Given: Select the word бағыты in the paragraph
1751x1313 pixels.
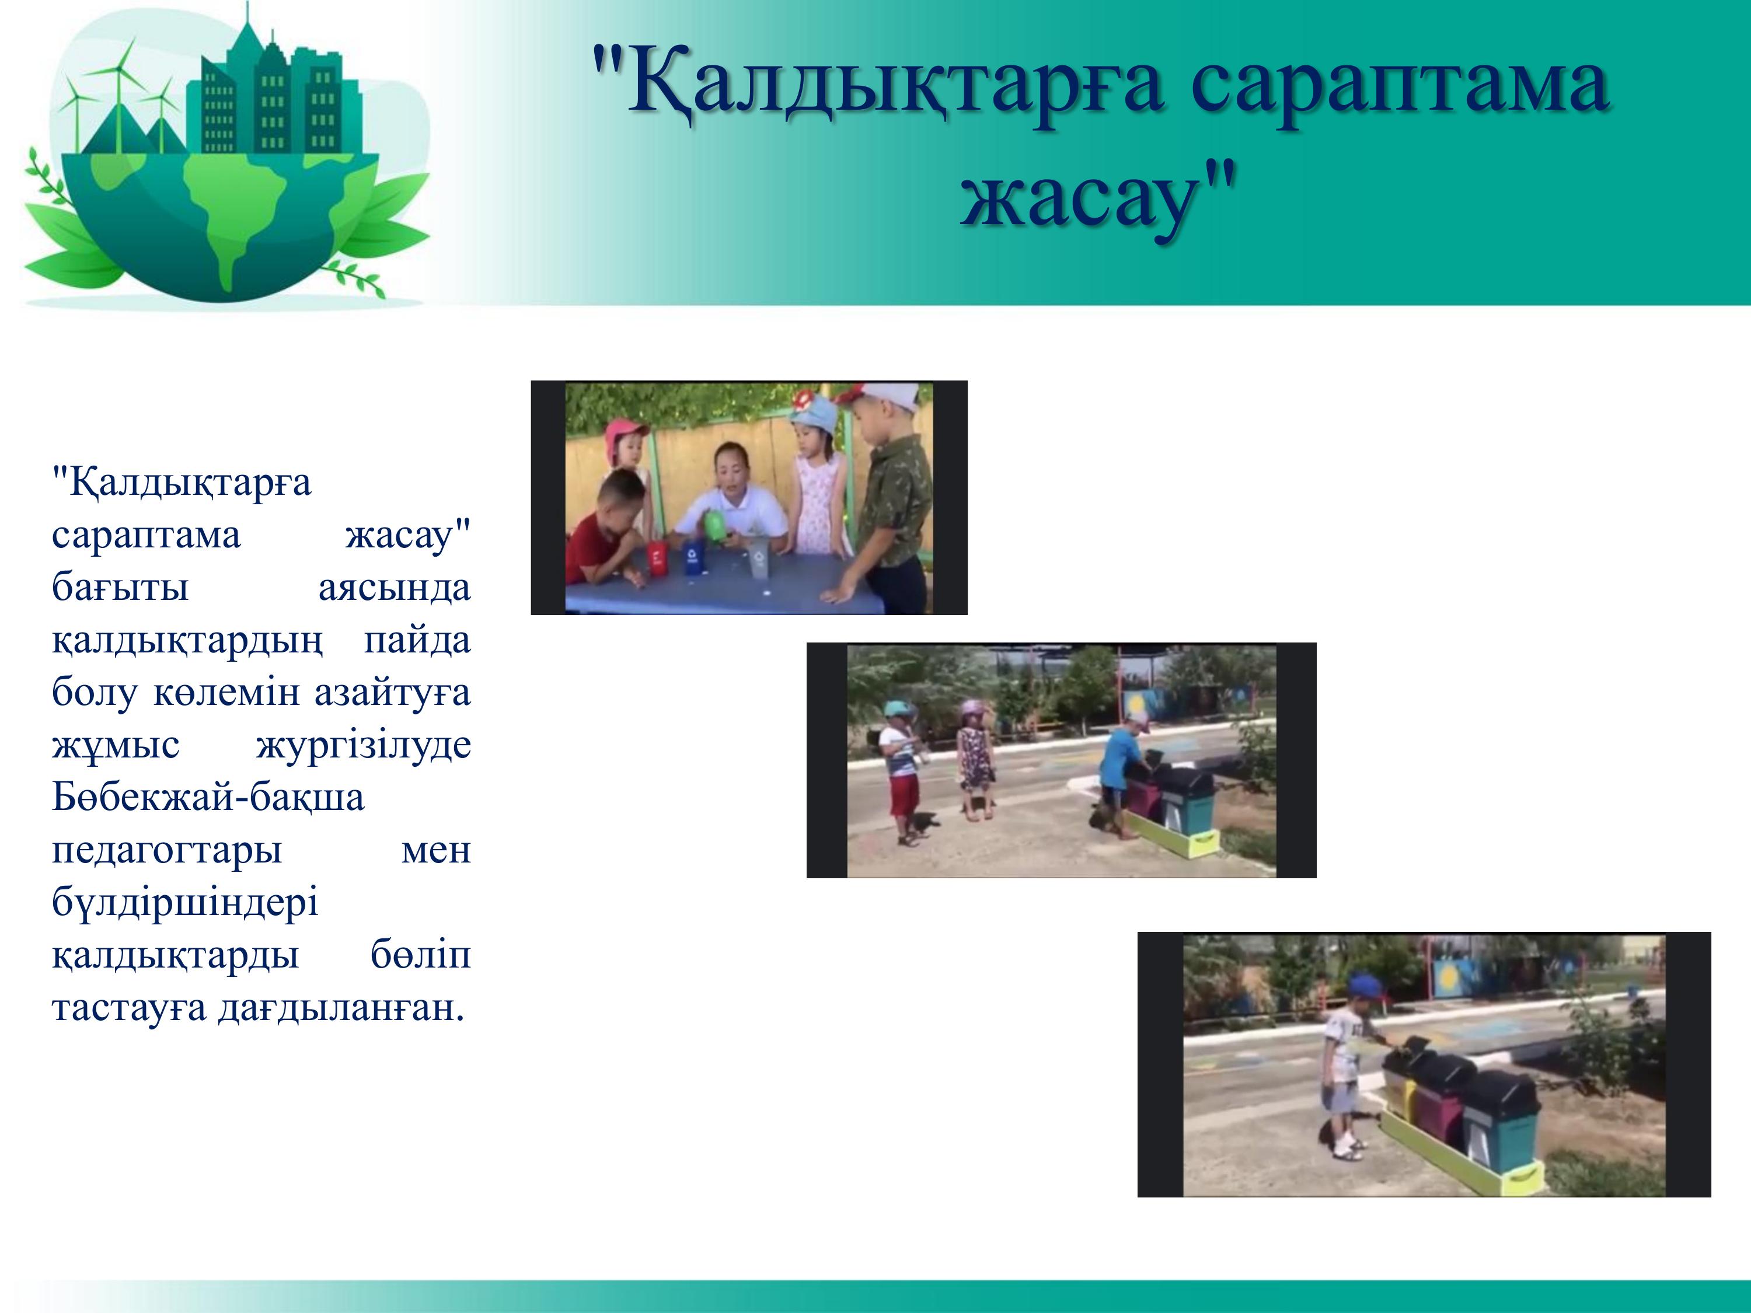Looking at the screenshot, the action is click(x=120, y=587).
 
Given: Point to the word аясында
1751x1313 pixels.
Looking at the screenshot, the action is click(x=394, y=587).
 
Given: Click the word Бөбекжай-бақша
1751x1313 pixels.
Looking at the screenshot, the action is click(x=208, y=797).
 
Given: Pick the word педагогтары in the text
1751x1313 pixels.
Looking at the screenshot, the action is click(x=167, y=851).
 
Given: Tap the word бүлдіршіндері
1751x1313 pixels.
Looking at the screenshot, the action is click(x=185, y=902).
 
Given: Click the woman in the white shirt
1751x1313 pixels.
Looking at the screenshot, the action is click(x=728, y=507).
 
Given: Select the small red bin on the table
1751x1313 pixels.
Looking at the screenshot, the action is click(x=658, y=556).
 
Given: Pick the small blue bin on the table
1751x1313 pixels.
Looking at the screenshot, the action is click(x=693, y=556).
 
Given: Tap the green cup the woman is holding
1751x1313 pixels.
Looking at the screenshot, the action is click(x=716, y=527).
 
